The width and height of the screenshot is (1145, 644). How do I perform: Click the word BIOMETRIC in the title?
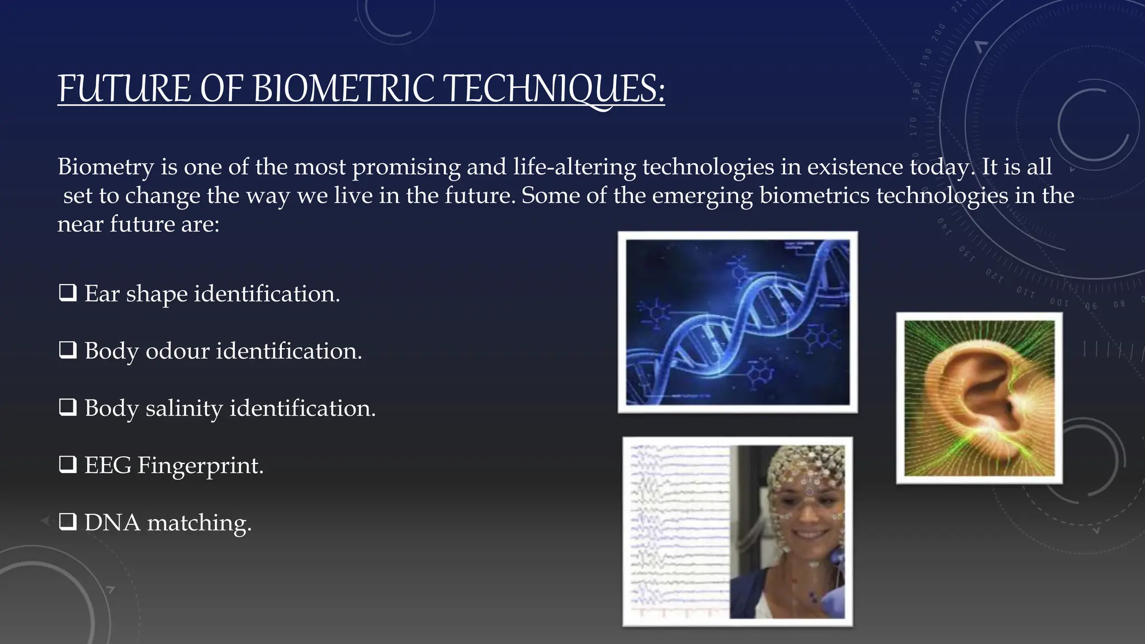(x=343, y=89)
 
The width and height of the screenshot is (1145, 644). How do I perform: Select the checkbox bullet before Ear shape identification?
(x=68, y=293)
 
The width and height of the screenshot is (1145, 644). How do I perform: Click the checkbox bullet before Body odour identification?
(x=68, y=351)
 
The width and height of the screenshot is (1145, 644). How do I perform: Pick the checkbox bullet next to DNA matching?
(x=68, y=522)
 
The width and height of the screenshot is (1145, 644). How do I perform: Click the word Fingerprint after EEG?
(x=200, y=465)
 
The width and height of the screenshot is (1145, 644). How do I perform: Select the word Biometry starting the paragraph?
(x=105, y=167)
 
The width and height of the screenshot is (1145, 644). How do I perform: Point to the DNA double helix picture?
(x=737, y=322)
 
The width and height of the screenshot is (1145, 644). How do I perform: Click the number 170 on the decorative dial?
(x=914, y=126)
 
